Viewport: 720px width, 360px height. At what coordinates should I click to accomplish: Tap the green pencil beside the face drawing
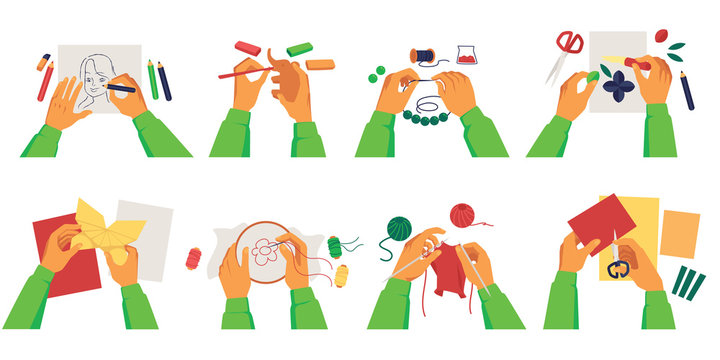[x=152, y=79]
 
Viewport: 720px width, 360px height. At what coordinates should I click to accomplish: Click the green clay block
[x=299, y=48]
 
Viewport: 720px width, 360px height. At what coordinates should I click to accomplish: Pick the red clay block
[x=247, y=47]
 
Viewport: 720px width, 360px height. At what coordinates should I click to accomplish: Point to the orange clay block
[x=320, y=64]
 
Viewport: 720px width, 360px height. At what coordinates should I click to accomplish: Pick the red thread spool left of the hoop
[x=193, y=259]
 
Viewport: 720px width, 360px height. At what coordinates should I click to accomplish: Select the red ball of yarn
[x=464, y=216]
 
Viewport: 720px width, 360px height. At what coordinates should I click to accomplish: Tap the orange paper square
[x=680, y=232]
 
